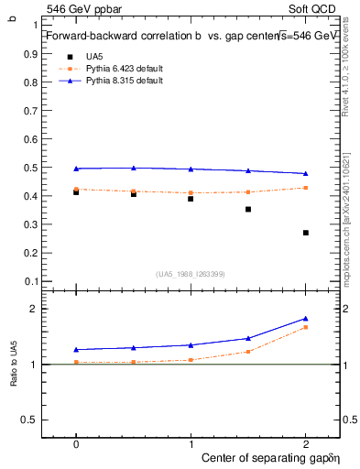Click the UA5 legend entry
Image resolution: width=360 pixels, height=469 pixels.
(x=95, y=57)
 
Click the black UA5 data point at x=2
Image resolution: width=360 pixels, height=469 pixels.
(x=306, y=233)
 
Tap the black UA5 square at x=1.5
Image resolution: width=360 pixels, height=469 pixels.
(x=248, y=210)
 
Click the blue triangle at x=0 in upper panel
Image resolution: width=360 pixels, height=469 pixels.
(x=76, y=169)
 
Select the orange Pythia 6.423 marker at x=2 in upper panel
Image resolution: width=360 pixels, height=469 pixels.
(x=306, y=188)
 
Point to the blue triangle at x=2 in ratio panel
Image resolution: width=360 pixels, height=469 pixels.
(x=306, y=319)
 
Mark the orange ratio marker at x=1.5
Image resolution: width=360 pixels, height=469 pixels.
(x=248, y=351)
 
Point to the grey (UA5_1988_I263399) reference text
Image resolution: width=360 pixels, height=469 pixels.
(x=190, y=274)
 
